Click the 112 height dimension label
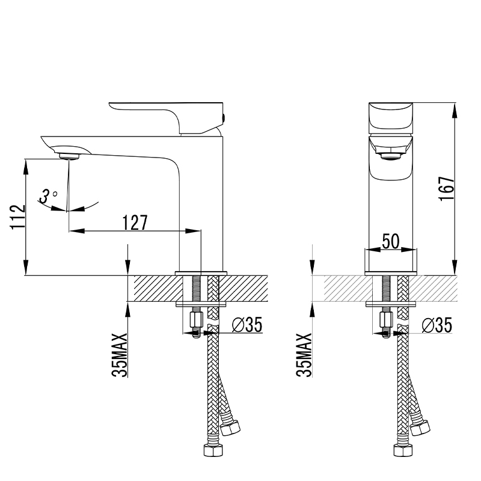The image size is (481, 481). pos(18,217)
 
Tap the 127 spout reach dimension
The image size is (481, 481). pos(135,222)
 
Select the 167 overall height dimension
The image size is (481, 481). pos(447,189)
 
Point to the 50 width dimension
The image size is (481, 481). pos(391,241)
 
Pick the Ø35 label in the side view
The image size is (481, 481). pos(247,325)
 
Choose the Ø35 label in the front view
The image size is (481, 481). pos(437,325)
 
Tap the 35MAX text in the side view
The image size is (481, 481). pos(120,355)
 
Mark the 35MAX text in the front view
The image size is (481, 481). pos(304,355)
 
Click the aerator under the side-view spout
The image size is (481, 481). pos(69,156)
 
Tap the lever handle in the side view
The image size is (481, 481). pos(166,117)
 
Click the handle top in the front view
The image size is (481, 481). pos(391,116)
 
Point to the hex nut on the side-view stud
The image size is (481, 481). pos(197,320)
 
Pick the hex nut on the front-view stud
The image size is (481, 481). pos(386,320)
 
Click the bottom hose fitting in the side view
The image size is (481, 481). pos(213,450)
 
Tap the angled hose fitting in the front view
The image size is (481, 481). pos(420,427)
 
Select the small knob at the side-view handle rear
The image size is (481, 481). pos(224,117)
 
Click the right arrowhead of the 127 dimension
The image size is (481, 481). pos(193,231)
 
